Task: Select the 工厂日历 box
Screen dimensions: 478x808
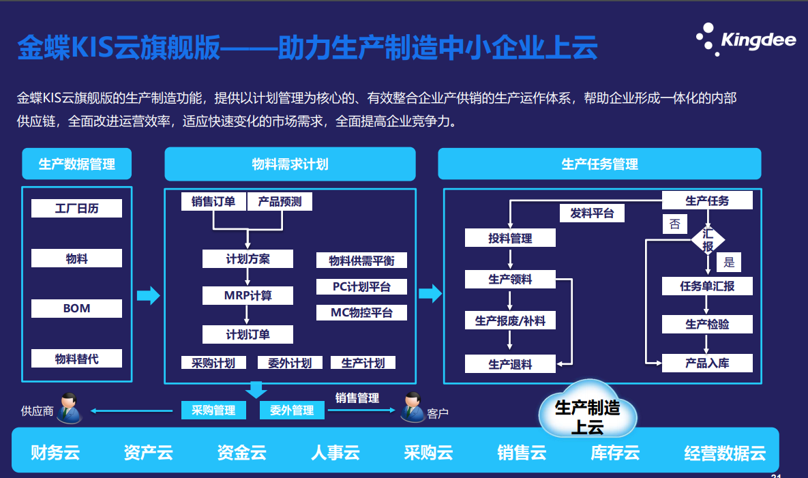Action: [x=76, y=208]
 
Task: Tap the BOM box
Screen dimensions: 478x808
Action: [x=76, y=308]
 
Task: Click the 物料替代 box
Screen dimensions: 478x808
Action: [x=76, y=358]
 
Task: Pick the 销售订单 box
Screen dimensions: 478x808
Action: [x=213, y=201]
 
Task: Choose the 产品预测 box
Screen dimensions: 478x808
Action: [x=279, y=201]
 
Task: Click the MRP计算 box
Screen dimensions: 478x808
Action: [x=248, y=295]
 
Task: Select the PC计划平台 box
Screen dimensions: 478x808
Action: [x=361, y=286]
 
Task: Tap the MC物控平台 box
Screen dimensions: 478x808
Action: [x=361, y=312]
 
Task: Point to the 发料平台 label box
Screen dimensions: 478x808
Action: [x=592, y=213]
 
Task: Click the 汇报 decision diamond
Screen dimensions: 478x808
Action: [x=708, y=239]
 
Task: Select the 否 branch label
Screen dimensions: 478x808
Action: [x=674, y=224]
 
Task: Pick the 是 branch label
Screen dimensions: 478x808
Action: [x=729, y=263]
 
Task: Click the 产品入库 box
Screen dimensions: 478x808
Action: [x=707, y=363]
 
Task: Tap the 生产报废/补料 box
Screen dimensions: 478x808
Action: [x=510, y=320]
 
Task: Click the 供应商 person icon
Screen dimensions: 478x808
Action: [x=68, y=408]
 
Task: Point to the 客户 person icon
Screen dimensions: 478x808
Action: [x=412, y=407]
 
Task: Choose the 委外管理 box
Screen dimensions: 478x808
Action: [x=292, y=410]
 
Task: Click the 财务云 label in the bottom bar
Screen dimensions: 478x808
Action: [x=55, y=452]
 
